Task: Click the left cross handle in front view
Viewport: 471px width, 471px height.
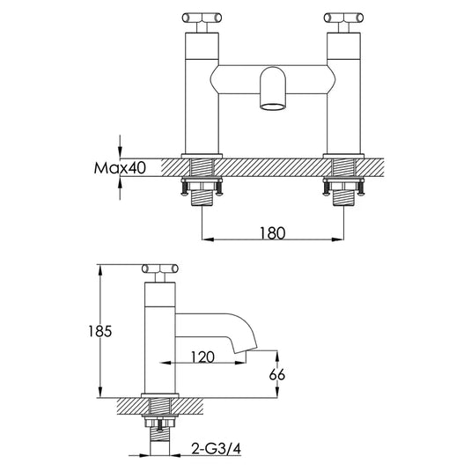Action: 202,18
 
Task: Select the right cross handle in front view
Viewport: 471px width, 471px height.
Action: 342,18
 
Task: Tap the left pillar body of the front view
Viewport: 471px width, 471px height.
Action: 202,88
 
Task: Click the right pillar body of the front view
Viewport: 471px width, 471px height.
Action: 342,88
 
